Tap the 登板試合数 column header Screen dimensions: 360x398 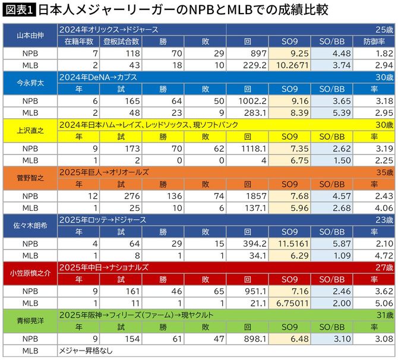pyautogui.click(x=121, y=41)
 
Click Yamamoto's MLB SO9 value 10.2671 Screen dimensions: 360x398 pyautogui.click(x=291, y=65)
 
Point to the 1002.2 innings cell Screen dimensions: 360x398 pyautogui.click(x=251, y=100)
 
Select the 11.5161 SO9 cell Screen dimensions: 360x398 pyautogui.click(x=291, y=243)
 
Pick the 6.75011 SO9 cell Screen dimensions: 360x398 pyautogui.click(x=290, y=302)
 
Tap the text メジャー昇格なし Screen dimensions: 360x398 pyautogui.click(x=86, y=350)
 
